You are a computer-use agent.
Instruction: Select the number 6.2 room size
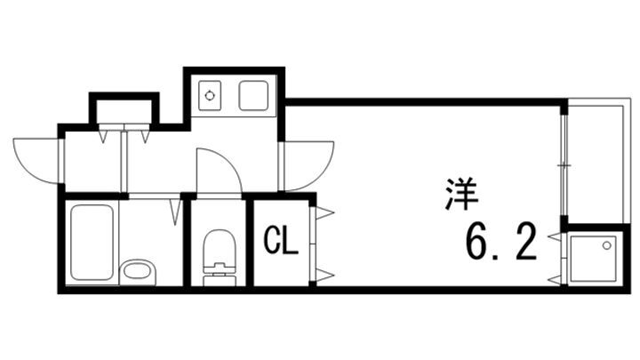point(500,242)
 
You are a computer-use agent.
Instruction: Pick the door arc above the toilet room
point(217,171)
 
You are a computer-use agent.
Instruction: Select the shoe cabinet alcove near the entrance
point(124,110)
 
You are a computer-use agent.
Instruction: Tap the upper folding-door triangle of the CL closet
point(324,212)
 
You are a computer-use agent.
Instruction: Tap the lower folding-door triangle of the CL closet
point(324,275)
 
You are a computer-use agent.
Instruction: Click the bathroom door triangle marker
point(177,212)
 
